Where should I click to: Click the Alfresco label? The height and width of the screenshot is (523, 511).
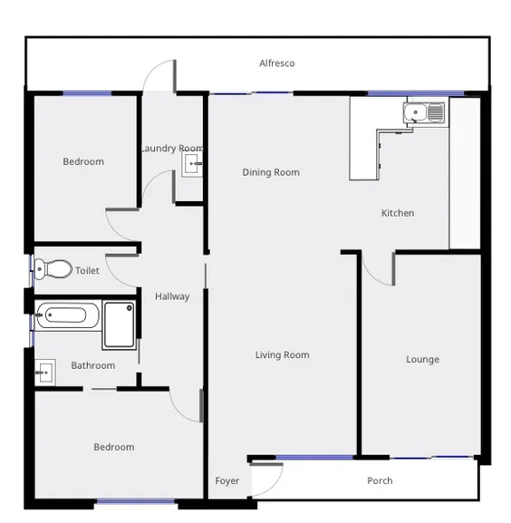[276, 63]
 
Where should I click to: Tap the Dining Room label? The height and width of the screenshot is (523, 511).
[270, 172]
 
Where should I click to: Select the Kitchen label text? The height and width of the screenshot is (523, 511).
[397, 213]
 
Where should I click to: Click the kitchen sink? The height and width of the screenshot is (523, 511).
[423, 113]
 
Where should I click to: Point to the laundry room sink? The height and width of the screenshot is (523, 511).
[192, 164]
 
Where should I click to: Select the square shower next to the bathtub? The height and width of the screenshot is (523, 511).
[119, 324]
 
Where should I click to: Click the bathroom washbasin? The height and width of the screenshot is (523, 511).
[44, 371]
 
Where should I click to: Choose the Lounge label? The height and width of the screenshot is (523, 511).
[422, 359]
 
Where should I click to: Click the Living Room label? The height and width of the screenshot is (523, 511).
[282, 354]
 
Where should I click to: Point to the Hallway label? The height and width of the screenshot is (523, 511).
[171, 296]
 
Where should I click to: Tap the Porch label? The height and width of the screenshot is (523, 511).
[380, 480]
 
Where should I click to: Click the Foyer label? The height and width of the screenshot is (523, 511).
[227, 480]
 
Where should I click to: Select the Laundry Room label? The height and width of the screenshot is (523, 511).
[171, 148]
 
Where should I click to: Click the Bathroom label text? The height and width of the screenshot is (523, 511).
[92, 365]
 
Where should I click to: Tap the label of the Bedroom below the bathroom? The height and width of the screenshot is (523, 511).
[113, 447]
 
